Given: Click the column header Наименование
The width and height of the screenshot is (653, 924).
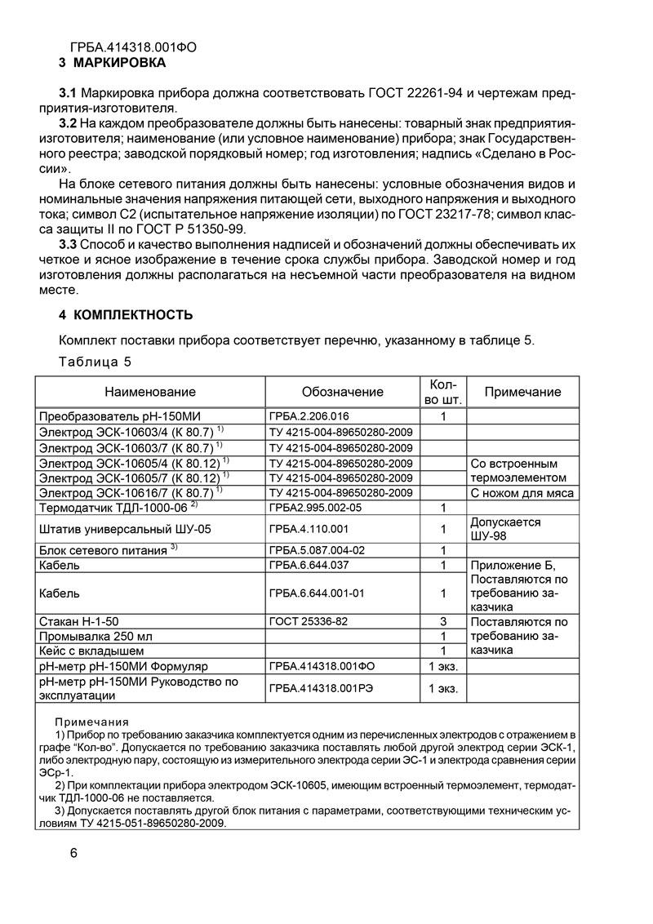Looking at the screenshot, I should point(149,392).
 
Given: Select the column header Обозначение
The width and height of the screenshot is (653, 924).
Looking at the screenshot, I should point(342,392).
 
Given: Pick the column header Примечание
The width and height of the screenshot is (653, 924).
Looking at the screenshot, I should point(522,392).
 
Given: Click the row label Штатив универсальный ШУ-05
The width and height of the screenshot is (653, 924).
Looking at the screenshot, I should point(125,529).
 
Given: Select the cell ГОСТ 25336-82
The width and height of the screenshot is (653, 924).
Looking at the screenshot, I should point(308,621).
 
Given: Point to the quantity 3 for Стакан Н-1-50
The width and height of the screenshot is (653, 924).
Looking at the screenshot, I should point(442,621).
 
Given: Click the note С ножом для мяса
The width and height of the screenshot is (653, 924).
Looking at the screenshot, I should point(522,493).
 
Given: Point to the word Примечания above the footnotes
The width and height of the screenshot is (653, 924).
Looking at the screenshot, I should point(91,722).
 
